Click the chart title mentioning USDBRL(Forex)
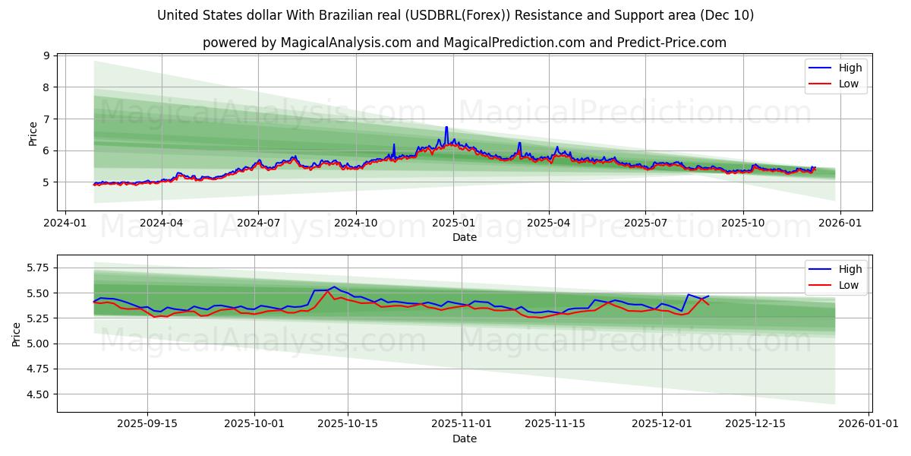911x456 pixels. click(x=455, y=15)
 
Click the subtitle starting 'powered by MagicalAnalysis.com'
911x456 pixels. click(x=464, y=43)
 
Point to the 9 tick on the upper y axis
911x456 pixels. click(x=46, y=55)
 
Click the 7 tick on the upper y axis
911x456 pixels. click(x=46, y=119)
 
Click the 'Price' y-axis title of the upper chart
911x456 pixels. click(x=33, y=133)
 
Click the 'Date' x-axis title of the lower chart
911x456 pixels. click(x=464, y=439)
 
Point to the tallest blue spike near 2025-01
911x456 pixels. click(x=446, y=127)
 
